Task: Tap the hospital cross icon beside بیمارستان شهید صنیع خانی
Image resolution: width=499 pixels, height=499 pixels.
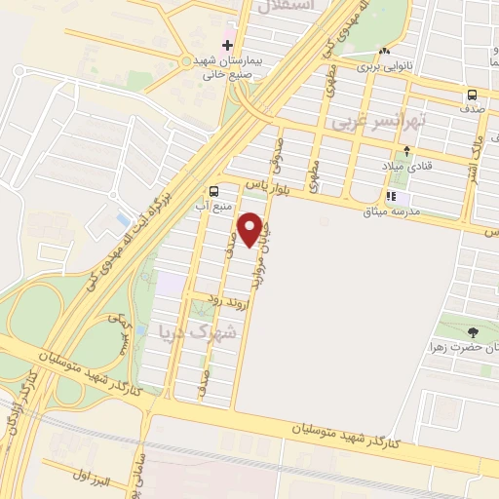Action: pyautogui.click(x=228, y=44)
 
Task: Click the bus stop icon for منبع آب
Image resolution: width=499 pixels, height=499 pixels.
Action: pyautogui.click(x=213, y=190)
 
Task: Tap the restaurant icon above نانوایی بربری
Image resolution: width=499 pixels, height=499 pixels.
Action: pyautogui.click(x=384, y=51)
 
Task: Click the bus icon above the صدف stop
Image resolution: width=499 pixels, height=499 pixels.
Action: pyautogui.click(x=473, y=95)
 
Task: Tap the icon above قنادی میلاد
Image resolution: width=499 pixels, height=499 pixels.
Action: pyautogui.click(x=406, y=150)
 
